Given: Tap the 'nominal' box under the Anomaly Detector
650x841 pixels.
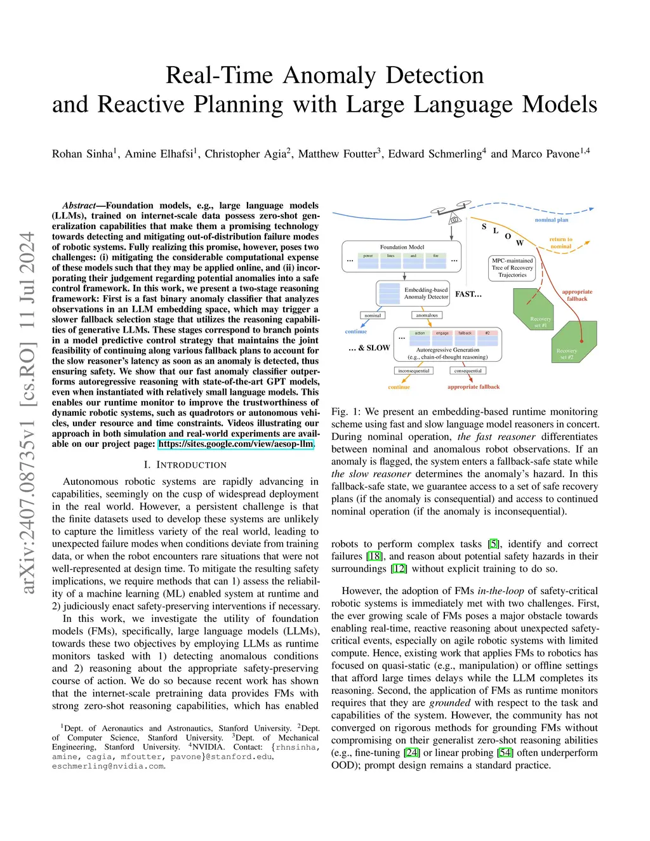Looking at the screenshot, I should (373, 315).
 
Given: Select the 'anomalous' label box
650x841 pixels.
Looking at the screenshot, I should (427, 315).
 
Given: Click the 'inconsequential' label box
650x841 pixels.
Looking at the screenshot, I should (413, 371).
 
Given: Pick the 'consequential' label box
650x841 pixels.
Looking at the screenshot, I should (468, 371).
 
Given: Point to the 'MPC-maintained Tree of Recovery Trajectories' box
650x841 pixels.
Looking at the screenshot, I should (512, 268).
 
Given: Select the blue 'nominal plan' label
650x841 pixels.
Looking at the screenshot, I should (552, 220).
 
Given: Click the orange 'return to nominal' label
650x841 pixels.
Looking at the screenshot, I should (560, 243).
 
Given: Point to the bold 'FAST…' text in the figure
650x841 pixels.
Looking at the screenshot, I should (468, 295).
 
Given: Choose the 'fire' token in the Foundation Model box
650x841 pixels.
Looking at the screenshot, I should (435, 256).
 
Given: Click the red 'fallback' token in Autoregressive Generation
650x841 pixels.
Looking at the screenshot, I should (465, 333).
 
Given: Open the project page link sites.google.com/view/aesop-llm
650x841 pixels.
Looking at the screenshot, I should (236, 444).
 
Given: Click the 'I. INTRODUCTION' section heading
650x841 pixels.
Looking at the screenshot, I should (185, 465).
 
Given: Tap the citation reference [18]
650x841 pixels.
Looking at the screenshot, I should (375, 557).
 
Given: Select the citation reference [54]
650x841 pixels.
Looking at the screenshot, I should (505, 753).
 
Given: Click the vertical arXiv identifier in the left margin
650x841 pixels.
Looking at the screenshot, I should (27, 413).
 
